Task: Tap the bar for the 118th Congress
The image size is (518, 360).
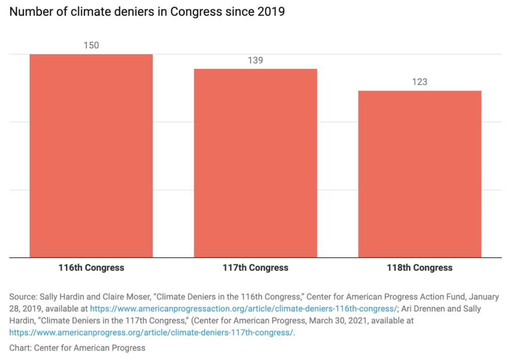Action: tap(419, 174)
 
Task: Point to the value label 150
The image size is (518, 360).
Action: tap(91, 46)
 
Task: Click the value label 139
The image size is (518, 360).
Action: tap(255, 60)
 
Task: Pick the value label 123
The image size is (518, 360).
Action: tap(419, 82)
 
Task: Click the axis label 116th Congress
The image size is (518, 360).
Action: tap(91, 267)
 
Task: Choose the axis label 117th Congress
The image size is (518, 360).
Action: tap(255, 267)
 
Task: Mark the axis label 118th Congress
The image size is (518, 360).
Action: tap(419, 267)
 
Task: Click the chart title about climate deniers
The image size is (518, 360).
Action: tap(147, 12)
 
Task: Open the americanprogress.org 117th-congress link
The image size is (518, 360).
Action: tap(151, 332)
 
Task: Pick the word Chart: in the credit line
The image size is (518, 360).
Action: tap(20, 347)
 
